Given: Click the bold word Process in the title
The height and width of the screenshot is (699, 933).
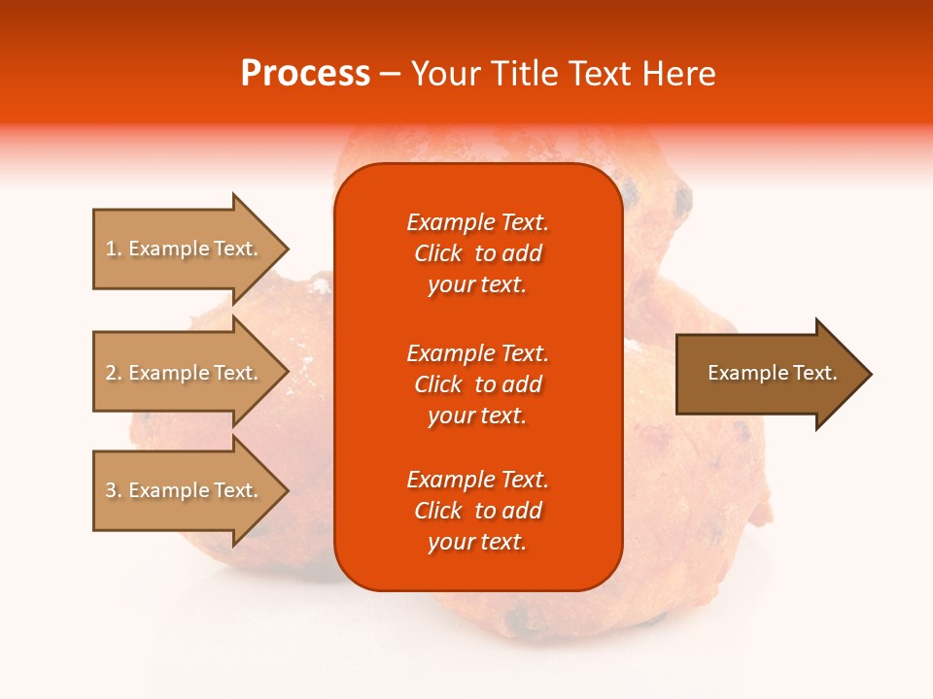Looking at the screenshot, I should click(305, 74).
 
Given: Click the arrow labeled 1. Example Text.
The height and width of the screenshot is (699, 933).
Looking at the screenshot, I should click(185, 249).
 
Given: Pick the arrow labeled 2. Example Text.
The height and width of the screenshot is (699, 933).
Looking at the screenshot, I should click(185, 373).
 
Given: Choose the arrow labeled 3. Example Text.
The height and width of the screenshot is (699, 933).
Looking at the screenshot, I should click(185, 490).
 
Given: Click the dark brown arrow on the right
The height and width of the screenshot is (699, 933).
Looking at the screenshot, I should click(768, 373).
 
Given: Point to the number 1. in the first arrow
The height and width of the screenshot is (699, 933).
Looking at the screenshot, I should click(114, 249).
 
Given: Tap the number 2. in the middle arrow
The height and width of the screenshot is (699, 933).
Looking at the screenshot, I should click(114, 373).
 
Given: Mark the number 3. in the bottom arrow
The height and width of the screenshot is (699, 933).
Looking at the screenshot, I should click(114, 490).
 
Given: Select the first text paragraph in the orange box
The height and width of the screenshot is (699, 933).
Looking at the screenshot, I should click(477, 253).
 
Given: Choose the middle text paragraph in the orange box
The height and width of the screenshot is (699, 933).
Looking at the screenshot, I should click(477, 384).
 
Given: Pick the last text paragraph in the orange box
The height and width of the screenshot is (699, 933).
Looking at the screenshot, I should click(477, 511).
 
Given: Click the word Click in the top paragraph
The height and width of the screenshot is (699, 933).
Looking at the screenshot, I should click(437, 253).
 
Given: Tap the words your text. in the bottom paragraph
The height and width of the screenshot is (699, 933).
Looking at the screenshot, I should click(477, 542).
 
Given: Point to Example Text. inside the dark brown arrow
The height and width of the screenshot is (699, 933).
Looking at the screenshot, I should click(772, 373).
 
